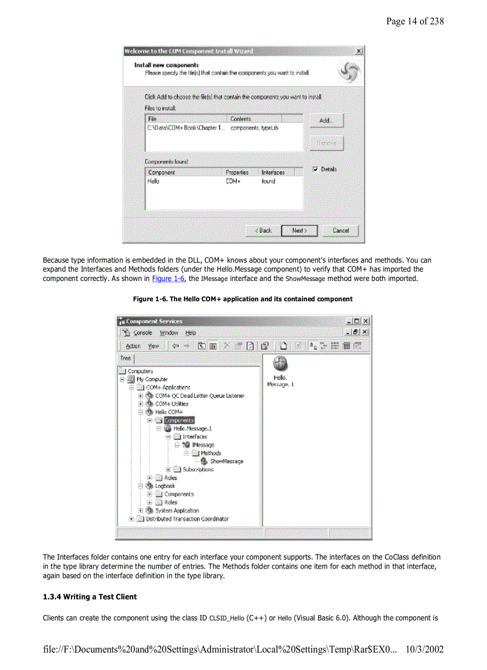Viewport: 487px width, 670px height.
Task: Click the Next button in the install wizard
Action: pos(300,230)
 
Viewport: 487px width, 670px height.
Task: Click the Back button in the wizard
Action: pos(263,230)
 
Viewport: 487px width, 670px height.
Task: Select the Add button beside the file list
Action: pos(326,121)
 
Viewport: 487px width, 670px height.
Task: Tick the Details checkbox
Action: pos(316,169)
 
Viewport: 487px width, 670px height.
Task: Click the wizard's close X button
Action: pos(358,51)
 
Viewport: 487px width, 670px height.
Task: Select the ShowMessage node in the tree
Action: pos(226,461)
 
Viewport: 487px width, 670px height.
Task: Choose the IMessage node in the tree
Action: pos(203,445)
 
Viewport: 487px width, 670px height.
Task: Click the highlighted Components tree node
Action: pos(178,420)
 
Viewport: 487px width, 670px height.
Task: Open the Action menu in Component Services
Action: pos(133,346)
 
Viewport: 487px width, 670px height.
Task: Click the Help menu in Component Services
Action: pos(190,333)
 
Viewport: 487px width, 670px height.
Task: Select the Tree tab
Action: pos(125,359)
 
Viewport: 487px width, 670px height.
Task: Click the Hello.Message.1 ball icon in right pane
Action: pos(280,363)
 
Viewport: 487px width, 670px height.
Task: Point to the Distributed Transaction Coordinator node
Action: pos(187,519)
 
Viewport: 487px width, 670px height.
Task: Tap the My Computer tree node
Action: pos(152,379)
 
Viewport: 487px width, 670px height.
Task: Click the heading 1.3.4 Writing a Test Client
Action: pos(90,597)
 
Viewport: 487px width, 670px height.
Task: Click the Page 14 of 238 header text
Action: pos(415,21)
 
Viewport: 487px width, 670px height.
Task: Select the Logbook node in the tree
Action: pos(165,486)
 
